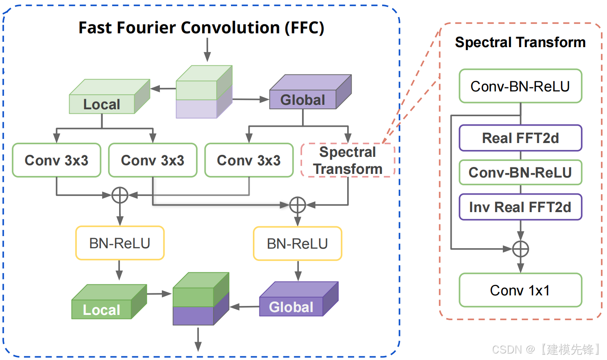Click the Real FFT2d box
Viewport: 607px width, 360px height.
tap(520, 138)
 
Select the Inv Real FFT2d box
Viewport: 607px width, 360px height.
tap(520, 207)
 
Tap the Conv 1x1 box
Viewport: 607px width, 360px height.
tap(520, 290)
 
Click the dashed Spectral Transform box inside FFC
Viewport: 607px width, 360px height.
tap(348, 160)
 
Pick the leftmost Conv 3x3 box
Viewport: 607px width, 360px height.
tap(57, 160)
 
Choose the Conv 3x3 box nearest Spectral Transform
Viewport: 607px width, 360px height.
tap(249, 160)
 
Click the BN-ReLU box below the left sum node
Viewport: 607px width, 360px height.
tap(120, 243)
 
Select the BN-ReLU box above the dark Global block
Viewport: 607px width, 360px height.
tap(297, 243)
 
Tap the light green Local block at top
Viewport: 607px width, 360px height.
tap(109, 96)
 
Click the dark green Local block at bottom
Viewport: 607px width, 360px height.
tap(109, 301)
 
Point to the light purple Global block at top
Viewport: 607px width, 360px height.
tap(310, 92)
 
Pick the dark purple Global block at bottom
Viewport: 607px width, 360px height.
tap(299, 299)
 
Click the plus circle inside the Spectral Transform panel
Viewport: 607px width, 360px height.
tap(520, 249)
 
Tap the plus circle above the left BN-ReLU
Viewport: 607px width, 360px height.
tap(120, 195)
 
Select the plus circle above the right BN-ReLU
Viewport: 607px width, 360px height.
tap(298, 205)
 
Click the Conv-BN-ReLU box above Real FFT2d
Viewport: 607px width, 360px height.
tap(520, 86)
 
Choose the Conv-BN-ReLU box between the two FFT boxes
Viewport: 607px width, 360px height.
tap(520, 172)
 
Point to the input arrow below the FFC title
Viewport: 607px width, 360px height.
tap(207, 50)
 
